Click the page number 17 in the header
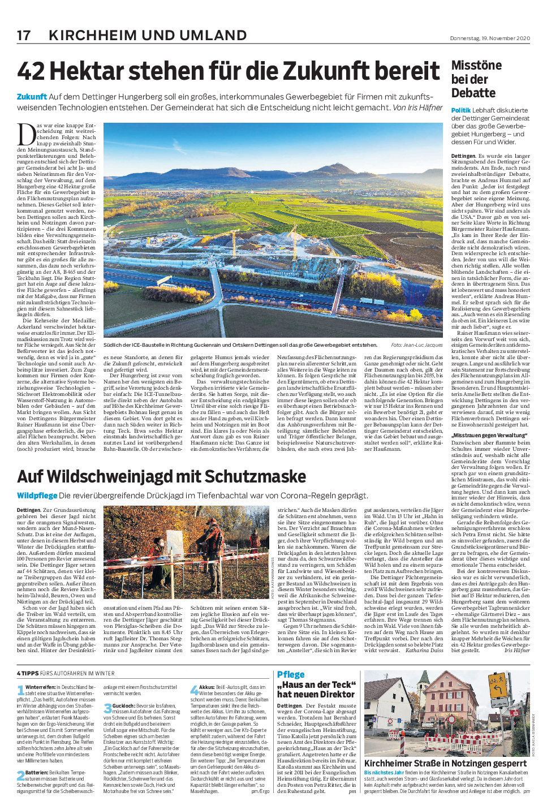click(24, 35)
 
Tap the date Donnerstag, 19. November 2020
click(490, 38)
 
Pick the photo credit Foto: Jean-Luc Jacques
click(416, 344)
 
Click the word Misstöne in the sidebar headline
click(476, 66)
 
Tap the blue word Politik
click(460, 110)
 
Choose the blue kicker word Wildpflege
click(37, 496)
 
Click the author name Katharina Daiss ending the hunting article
click(424, 650)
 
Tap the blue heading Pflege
click(291, 674)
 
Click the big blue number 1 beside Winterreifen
click(21, 691)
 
